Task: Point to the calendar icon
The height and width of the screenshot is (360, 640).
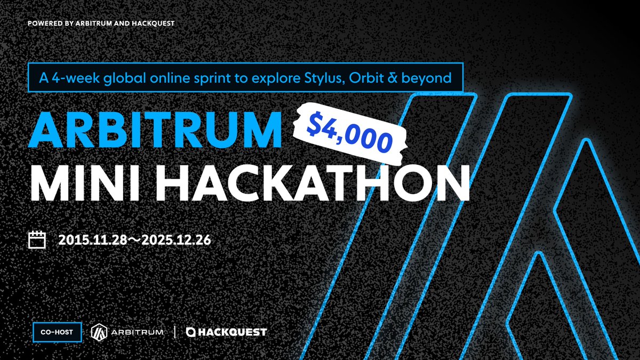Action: (37, 239)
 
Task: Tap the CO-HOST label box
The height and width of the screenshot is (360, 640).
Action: (57, 332)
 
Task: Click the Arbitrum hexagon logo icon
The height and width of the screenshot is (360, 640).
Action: (99, 332)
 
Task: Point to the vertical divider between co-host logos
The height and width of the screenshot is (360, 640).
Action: (175, 332)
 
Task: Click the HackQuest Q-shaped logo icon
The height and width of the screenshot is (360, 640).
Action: (191, 332)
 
